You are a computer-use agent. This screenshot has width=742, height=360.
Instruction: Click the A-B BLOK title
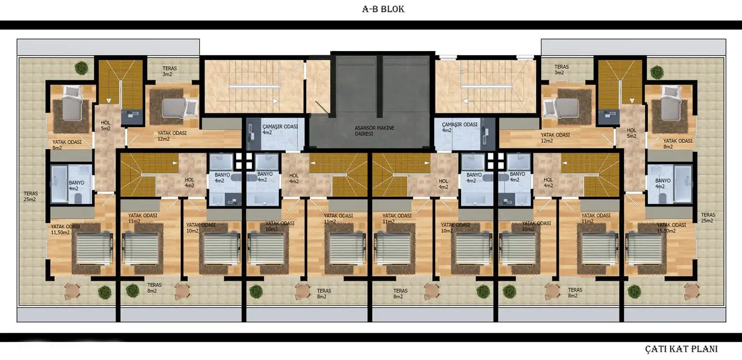[383, 9]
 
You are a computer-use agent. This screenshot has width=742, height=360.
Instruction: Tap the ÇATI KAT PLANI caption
[681, 349]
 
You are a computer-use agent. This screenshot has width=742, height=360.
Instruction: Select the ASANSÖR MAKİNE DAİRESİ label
[374, 131]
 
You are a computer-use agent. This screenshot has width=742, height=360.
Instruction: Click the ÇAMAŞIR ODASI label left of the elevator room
[280, 129]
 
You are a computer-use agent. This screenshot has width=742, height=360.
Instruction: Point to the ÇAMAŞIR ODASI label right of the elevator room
[460, 127]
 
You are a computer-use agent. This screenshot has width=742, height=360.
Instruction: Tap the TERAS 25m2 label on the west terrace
[31, 197]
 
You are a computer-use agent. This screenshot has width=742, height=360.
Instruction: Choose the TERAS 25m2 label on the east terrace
[708, 218]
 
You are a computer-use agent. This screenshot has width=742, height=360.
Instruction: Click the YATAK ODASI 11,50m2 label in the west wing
[65, 229]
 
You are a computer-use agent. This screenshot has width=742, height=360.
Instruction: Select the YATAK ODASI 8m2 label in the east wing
[678, 144]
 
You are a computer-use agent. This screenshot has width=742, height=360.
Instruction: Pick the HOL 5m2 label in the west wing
[106, 126]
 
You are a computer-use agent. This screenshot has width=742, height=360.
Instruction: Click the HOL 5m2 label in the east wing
[631, 133]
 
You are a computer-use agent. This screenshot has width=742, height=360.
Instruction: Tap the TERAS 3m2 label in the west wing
[170, 71]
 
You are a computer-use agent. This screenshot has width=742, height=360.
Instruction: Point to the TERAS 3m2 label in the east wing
[562, 70]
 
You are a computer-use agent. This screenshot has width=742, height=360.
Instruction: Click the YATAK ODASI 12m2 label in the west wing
[172, 136]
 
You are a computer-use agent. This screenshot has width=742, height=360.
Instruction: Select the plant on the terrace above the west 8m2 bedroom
[81, 68]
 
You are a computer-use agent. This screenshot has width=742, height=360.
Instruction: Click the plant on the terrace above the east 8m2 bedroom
[657, 72]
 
